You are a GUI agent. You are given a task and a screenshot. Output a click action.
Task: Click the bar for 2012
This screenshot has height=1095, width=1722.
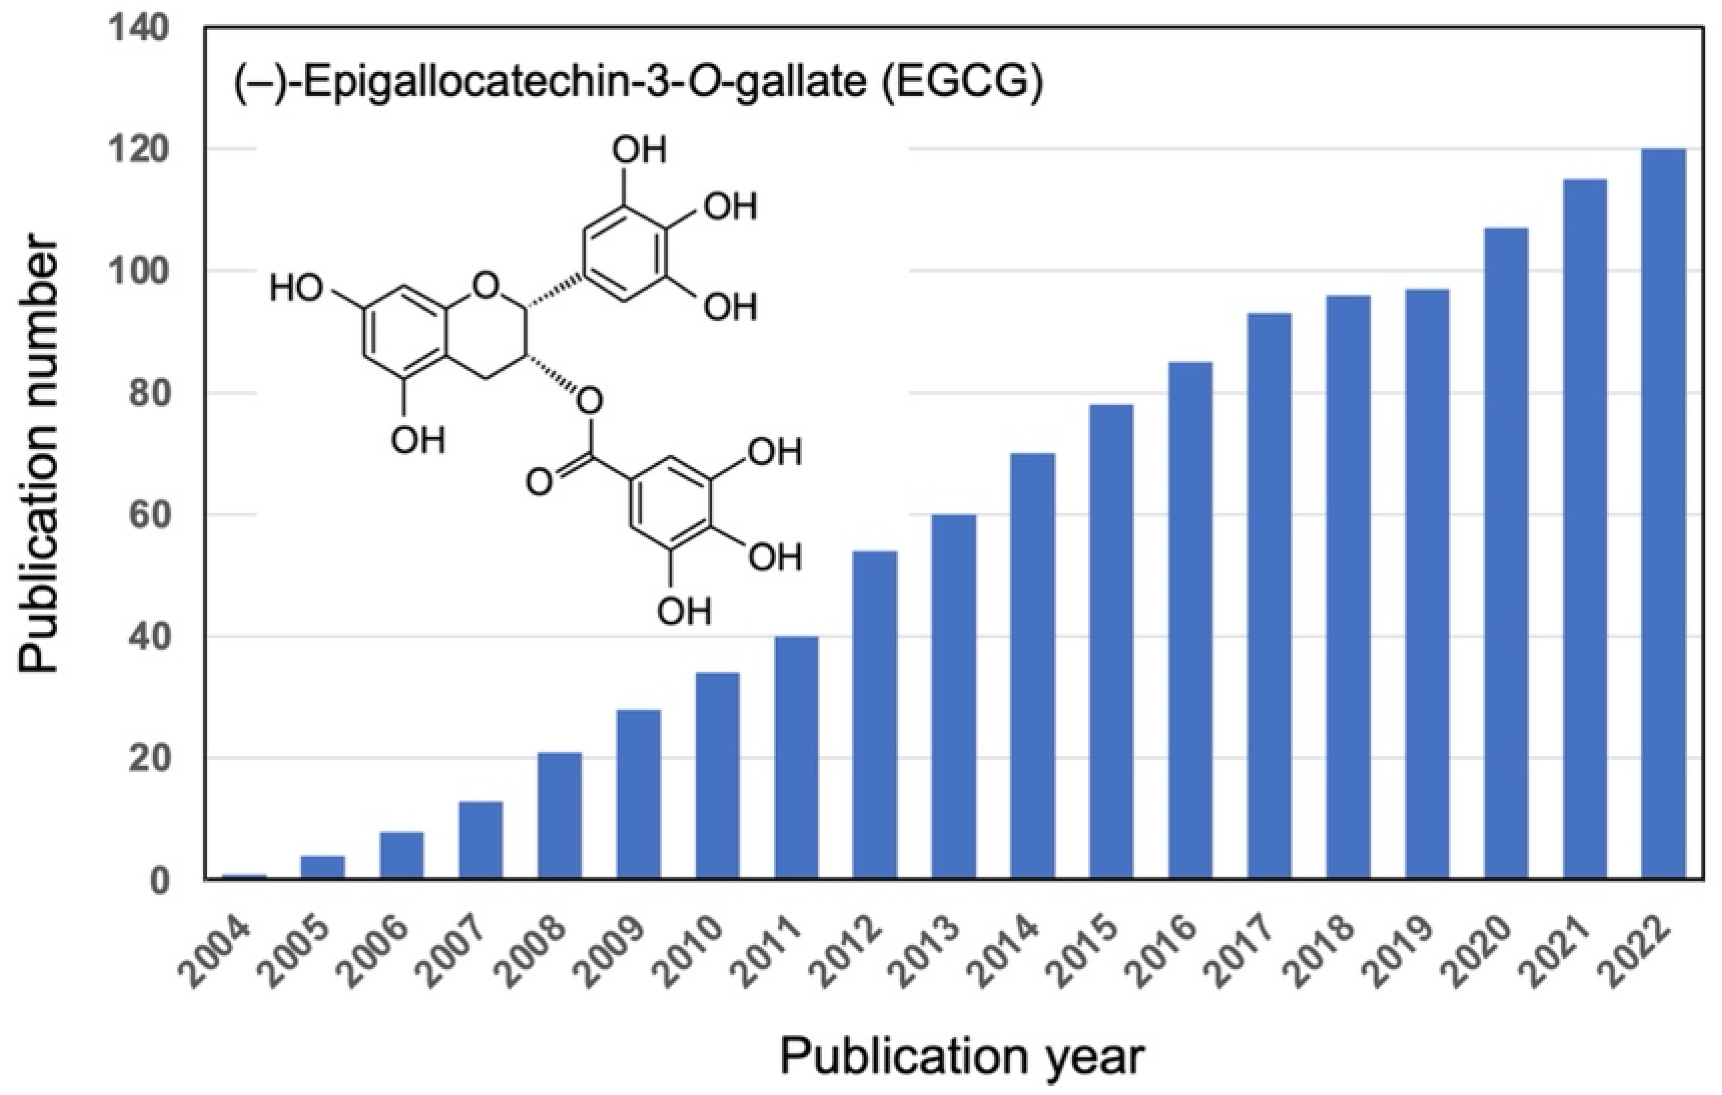(874, 715)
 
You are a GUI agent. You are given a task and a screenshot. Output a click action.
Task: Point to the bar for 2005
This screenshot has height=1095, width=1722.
(323, 867)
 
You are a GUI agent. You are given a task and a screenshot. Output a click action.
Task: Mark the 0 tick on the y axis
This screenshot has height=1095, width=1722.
(160, 880)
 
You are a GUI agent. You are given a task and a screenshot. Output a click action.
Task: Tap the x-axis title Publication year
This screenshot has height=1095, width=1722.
(962, 1057)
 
